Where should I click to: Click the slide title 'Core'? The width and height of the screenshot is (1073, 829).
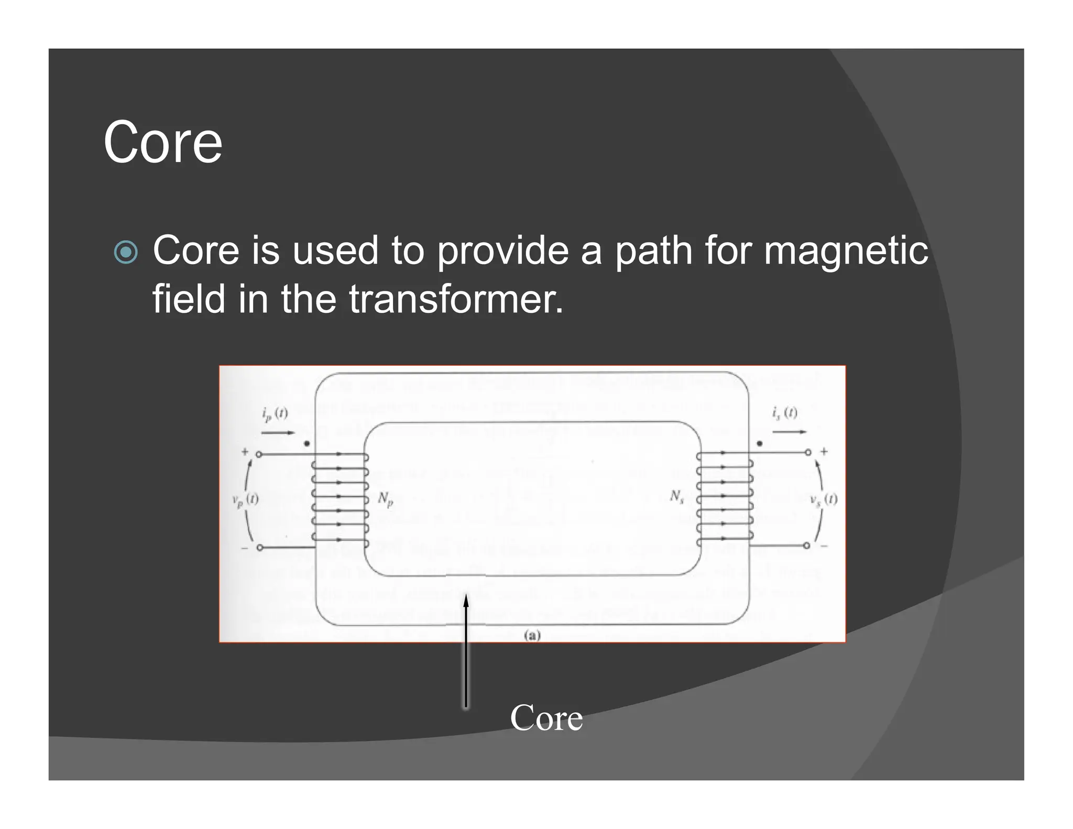163,143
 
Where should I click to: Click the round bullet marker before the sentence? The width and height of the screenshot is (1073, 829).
126,252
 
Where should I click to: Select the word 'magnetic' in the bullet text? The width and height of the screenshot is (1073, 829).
846,251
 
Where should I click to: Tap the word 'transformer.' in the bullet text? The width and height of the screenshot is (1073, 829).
456,299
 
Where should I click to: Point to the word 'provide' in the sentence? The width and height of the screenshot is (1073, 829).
502,251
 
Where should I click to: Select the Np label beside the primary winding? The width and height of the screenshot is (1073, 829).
386,499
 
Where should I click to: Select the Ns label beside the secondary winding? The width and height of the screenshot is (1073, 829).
677,497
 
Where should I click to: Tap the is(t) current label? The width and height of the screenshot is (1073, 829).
784,413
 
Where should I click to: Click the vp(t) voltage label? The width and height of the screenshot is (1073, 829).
245,500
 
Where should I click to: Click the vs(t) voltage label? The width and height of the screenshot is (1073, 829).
824,499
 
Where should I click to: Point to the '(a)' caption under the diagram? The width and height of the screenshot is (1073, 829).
532,636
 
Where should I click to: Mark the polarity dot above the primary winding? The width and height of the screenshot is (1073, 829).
307,443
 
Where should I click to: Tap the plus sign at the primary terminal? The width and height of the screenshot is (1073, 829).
245,451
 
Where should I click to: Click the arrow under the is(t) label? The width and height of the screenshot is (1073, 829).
789,432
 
